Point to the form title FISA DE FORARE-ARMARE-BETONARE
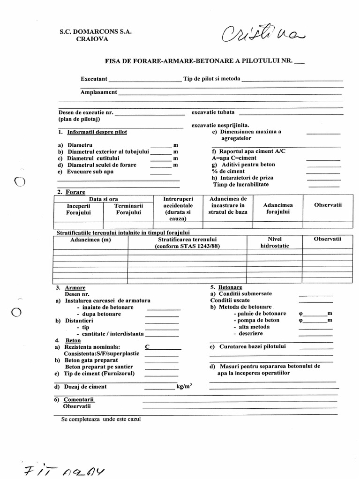pyautogui.click(x=197, y=61)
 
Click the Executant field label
pyautogui.click(x=94, y=79)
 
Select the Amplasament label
pyautogui.click(x=98, y=92)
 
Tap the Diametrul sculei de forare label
pyautogui.click(x=102, y=165)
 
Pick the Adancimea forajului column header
pyautogui.click(x=278, y=209)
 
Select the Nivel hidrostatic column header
pyautogui.click(x=275, y=242)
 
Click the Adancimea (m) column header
pyautogui.click(x=90, y=240)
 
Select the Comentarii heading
pyautogui.click(x=79, y=399)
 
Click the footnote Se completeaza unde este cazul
pyautogui.click(x=101, y=419)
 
